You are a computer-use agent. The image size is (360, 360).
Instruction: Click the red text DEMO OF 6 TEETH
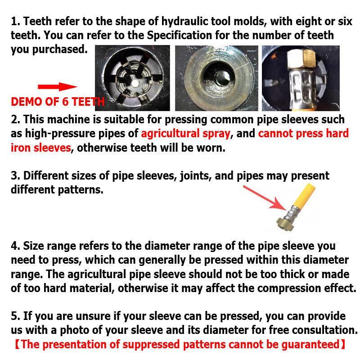coord(57,102)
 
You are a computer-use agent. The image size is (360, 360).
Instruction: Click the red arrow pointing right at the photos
coord(57,87)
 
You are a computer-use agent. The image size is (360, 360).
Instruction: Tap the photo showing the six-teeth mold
coord(132,78)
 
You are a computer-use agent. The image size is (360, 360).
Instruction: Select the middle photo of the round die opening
coord(216,78)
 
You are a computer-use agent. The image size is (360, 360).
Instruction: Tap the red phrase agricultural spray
coord(185,134)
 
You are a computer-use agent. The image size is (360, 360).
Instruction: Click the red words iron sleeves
coord(41,148)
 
